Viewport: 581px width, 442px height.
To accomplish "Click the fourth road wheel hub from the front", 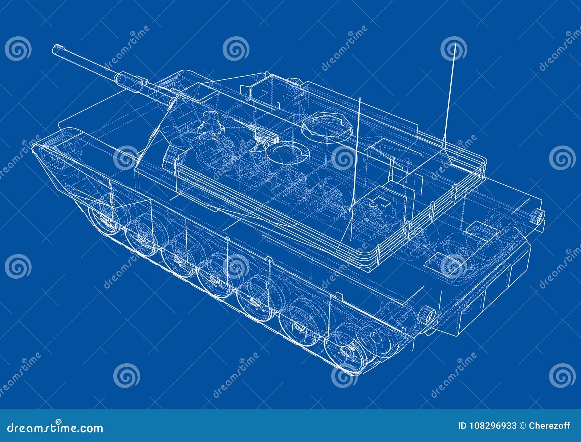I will click(214, 279).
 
